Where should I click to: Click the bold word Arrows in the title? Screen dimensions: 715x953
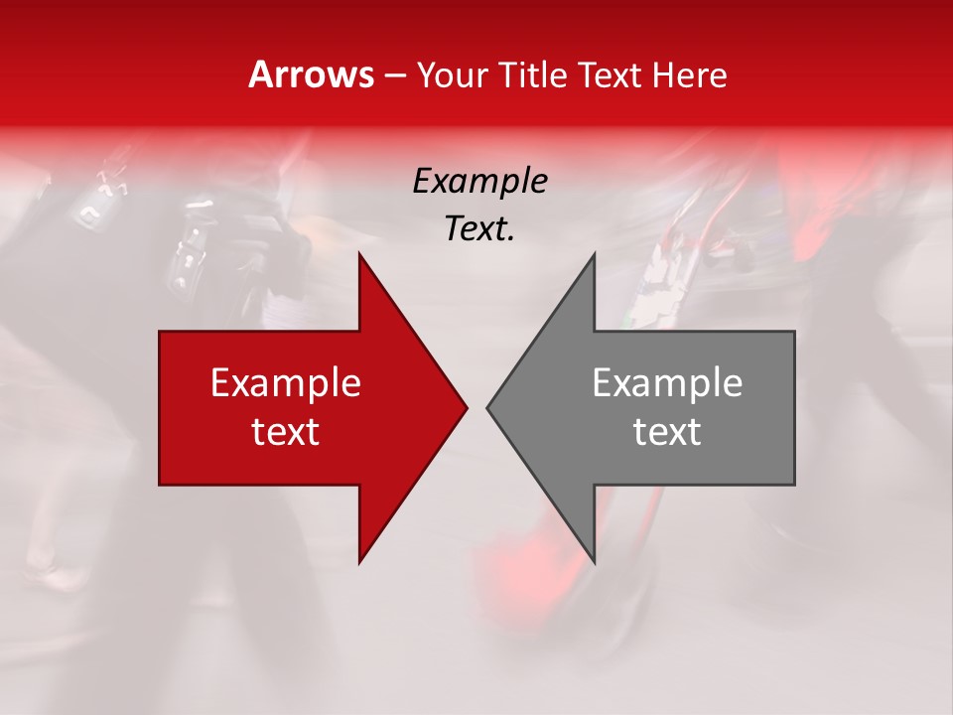312,74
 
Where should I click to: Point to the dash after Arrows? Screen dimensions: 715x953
394,75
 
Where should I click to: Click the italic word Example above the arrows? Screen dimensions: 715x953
479,182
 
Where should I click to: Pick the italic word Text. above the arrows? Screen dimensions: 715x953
479,229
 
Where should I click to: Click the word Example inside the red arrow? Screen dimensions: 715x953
286,382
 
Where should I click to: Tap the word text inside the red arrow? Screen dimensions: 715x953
286,431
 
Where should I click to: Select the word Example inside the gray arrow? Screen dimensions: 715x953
667,382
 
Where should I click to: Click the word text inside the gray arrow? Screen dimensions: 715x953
667,431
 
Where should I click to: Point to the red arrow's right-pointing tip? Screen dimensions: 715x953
466,407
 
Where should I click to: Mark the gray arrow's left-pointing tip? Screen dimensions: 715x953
487,407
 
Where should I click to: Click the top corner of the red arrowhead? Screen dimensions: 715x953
360,254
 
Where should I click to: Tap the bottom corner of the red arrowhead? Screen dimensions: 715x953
360,562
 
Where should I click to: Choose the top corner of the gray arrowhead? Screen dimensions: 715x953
594,254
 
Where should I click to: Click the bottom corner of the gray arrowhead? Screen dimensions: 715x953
594,562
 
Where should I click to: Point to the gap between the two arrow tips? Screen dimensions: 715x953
476,407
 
